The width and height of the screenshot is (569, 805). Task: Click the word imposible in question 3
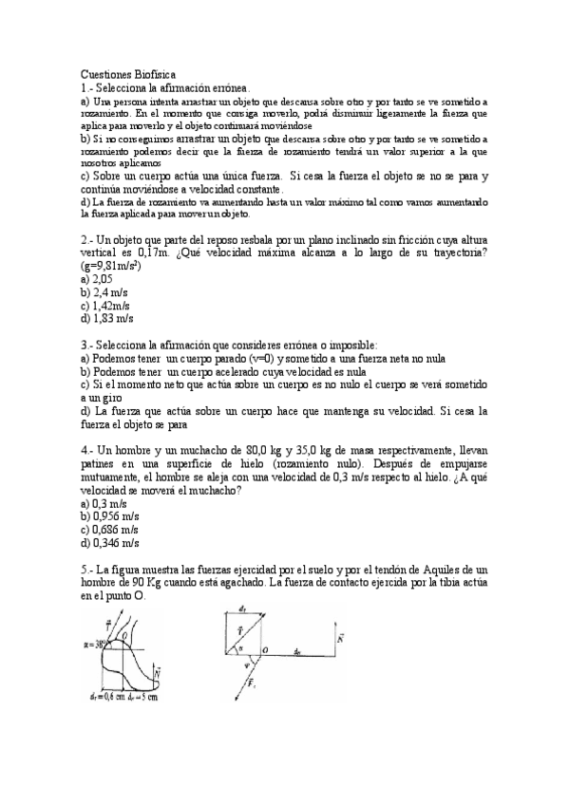(x=350, y=345)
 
